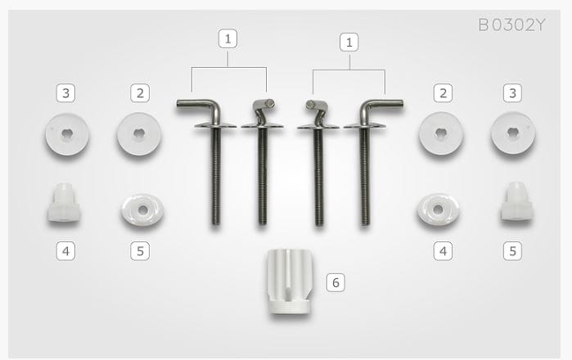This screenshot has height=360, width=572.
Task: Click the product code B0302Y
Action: [x=511, y=25]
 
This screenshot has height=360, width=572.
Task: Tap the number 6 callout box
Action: [x=336, y=282]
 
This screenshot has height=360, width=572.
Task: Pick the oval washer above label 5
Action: [x=142, y=209]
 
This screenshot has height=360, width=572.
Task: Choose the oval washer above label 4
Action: [x=438, y=209]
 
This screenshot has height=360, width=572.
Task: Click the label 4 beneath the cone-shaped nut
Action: [x=65, y=251]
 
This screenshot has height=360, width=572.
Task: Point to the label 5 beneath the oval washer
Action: [x=140, y=251]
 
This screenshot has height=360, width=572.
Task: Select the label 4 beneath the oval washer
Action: [x=443, y=251]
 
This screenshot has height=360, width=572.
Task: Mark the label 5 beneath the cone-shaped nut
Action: [x=512, y=251]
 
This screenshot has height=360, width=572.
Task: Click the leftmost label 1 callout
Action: [x=227, y=38]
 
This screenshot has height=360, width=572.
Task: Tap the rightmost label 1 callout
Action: [x=349, y=42]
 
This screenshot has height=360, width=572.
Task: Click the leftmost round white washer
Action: [x=67, y=134]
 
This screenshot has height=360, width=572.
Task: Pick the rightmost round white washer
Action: [x=513, y=133]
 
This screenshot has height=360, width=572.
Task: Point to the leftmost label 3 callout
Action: [x=65, y=93]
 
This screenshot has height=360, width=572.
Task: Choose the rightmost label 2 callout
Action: [x=443, y=93]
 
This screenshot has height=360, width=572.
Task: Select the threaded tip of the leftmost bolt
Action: [x=216, y=222]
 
